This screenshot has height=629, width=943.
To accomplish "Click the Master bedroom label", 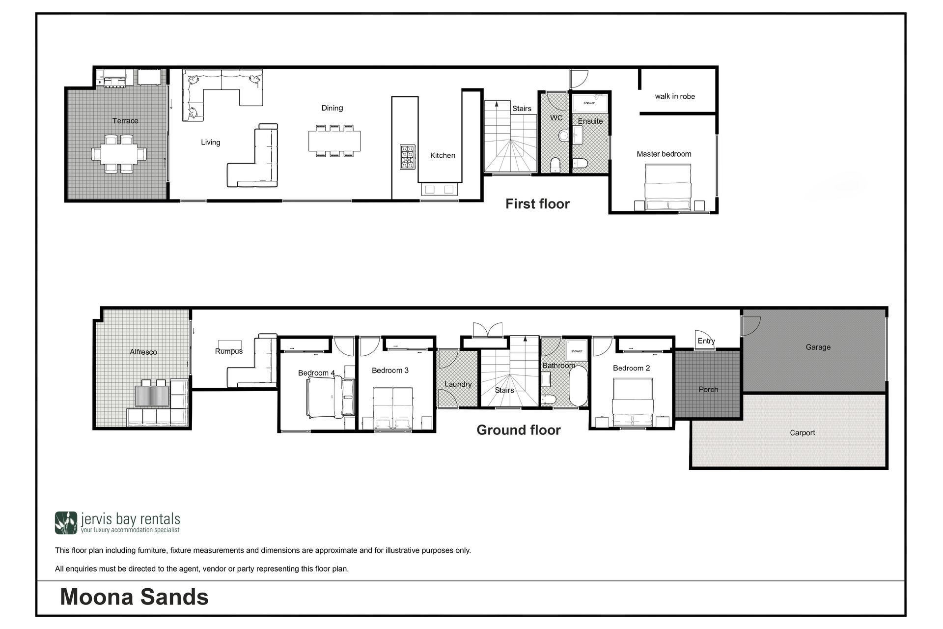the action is point(664,154).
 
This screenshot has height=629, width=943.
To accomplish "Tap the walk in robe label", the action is point(675,96).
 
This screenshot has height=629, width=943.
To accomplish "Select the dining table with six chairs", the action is point(334,141).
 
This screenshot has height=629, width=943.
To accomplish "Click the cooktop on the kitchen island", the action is point(408,157).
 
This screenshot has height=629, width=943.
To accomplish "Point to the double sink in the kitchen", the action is point(439,189).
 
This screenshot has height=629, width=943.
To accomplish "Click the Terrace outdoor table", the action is point(119,154).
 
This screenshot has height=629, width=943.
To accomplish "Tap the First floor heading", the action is point(537,204).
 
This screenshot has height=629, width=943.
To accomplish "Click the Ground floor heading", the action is point(519,430).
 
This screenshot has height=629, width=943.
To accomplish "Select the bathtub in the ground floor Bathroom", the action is point(578,386).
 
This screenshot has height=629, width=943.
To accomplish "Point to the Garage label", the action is point(818,347).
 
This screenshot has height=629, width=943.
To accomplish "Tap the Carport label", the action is point(802,432).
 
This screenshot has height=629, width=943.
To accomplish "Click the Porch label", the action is point(708,389).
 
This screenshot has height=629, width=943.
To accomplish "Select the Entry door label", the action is point(706,341).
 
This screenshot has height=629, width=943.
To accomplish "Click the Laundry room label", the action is point(458,384).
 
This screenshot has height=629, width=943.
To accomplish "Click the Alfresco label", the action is point(143,352).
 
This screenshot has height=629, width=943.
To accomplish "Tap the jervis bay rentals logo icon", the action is point(66,523).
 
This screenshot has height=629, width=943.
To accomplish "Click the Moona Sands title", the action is point(134,597).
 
